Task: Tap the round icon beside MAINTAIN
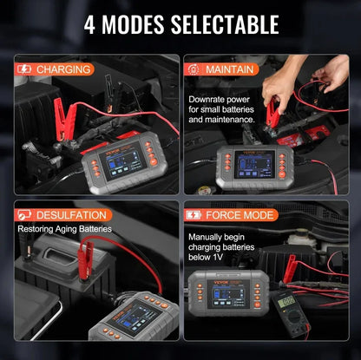196,67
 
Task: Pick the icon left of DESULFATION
24,214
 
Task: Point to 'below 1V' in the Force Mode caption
208,257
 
